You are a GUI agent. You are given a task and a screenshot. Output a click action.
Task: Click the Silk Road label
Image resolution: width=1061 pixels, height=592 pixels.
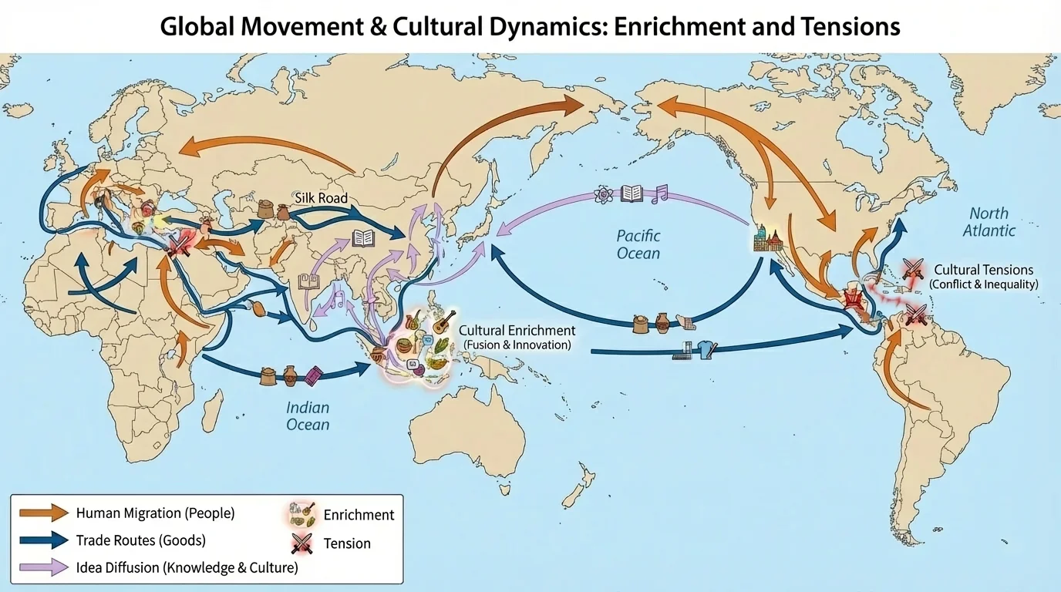click(x=321, y=198)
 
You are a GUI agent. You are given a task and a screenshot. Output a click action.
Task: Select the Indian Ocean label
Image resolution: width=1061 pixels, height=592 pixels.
click(x=308, y=416)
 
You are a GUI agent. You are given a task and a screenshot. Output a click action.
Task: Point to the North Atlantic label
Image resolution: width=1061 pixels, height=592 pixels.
click(x=993, y=221)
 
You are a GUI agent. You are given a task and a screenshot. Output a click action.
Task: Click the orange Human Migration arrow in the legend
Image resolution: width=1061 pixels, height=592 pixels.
click(x=44, y=513)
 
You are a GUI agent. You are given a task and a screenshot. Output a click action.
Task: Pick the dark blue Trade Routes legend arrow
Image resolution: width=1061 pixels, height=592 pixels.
click(x=44, y=540)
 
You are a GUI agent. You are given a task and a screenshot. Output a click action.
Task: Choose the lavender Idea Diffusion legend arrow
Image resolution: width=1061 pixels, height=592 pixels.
click(x=44, y=568)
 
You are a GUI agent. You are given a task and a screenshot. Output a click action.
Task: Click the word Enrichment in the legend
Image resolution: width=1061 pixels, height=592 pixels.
click(x=359, y=515)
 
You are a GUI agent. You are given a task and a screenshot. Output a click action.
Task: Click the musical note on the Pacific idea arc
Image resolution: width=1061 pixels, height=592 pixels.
click(x=658, y=193)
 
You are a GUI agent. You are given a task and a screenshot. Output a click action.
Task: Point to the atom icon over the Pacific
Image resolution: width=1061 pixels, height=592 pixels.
click(x=603, y=194)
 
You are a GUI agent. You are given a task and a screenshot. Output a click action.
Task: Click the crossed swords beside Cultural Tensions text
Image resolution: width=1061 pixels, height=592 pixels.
click(x=914, y=269)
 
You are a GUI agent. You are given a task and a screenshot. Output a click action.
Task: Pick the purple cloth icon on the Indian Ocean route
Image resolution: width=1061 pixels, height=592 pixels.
click(x=312, y=375)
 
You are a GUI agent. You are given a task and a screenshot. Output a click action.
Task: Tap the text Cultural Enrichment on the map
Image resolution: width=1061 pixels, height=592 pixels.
click(x=517, y=330)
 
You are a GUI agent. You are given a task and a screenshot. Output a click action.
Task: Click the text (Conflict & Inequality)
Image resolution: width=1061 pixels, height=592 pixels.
click(x=984, y=284)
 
